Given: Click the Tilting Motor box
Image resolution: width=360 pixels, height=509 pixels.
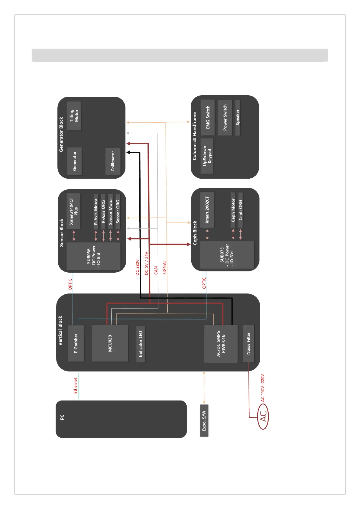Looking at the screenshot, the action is pyautogui.click(x=74, y=116).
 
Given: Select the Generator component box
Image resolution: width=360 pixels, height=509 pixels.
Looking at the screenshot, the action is pyautogui.click(x=74, y=161).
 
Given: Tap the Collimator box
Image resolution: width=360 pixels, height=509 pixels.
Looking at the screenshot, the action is pyautogui.click(x=113, y=161).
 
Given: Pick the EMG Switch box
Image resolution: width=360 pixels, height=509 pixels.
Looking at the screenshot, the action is pyautogui.click(x=208, y=117).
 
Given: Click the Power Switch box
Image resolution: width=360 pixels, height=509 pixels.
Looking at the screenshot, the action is pyautogui.click(x=225, y=117).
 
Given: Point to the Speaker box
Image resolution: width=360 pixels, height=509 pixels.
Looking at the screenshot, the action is pyautogui.click(x=238, y=117).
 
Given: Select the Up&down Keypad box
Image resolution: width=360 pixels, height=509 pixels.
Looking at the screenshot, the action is pyautogui.click(x=207, y=156).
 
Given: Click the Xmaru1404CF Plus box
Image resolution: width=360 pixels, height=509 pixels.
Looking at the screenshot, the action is pyautogui.click(x=73, y=211).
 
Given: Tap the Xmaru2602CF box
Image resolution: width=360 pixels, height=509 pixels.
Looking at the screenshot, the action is pyautogui.click(x=207, y=210).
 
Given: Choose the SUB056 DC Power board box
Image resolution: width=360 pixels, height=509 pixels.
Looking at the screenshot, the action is pyautogui.click(x=93, y=256).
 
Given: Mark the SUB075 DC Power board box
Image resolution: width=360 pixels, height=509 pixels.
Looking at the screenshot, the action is pyautogui.click(x=227, y=255).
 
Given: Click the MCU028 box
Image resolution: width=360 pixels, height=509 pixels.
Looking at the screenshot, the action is pyautogui.click(x=110, y=343).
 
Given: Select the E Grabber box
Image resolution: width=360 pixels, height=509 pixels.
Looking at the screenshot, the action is pyautogui.click(x=76, y=343).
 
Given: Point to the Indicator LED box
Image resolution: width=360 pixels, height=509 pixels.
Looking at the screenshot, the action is pyautogui.click(x=141, y=344).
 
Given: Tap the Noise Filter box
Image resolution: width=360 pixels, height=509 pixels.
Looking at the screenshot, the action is pyautogui.click(x=248, y=343).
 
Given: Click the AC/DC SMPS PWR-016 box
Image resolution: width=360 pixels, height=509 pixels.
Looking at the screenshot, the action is pyautogui.click(x=221, y=344).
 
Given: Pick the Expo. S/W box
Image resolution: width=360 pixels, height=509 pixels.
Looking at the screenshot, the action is pyautogui.click(x=204, y=420).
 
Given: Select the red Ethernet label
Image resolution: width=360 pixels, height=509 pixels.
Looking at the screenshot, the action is pyautogui.click(x=75, y=385).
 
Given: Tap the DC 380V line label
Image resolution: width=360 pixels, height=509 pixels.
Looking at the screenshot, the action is pyautogui.click(x=138, y=267).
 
